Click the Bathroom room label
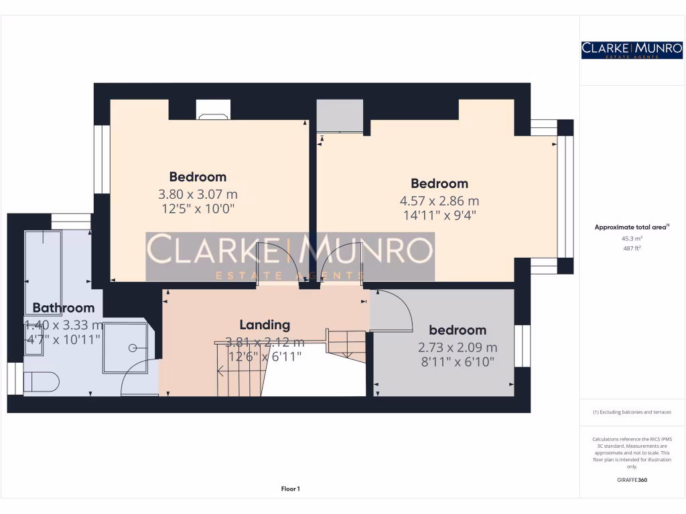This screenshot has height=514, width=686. tap(64, 308)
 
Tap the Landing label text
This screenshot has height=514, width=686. tap(265, 325)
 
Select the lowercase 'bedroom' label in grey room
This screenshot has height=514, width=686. tap(458, 330)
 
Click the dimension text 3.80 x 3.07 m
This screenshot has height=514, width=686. tap(198, 194)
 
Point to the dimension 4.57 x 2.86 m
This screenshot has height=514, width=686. tap(439, 201)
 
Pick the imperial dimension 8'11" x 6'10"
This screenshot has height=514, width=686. tap(458, 362)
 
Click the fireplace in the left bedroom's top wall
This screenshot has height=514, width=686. tap(213, 110)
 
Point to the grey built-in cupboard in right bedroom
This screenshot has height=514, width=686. tap(340, 116)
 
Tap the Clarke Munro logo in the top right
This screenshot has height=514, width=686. tap(632, 50)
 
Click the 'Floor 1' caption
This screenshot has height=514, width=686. tap(290, 489)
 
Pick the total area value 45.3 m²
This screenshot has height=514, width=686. tap(632, 238)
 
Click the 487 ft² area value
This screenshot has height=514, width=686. tap(632, 248)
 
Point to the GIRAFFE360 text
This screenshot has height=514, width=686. tap(632, 480)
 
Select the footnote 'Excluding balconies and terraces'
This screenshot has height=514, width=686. tap(632, 412)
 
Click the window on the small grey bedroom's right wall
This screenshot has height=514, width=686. tap(523, 346)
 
